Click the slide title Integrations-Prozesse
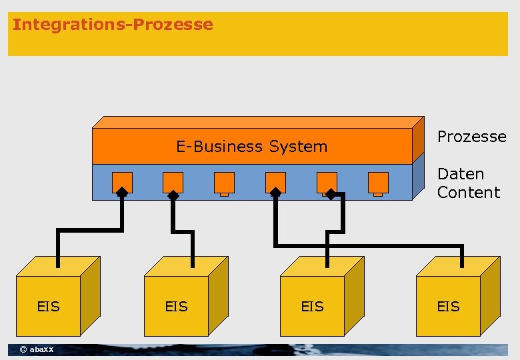click(113, 25)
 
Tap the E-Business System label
click(251, 147)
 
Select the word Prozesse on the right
click(471, 137)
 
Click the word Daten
click(460, 174)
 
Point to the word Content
click(468, 193)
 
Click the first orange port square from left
click(122, 181)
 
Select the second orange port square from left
click(173, 181)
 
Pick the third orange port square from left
click(224, 181)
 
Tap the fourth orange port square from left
click(275, 181)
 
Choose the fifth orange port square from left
click(327, 181)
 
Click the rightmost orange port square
click(378, 181)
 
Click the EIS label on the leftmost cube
click(49, 307)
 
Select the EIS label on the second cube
click(177, 307)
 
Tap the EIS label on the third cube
click(312, 307)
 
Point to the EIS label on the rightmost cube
click(448, 307)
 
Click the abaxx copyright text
click(37, 350)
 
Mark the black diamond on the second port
click(173, 195)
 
